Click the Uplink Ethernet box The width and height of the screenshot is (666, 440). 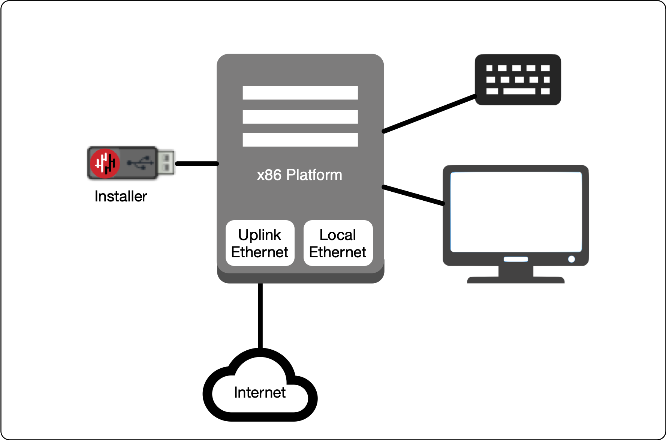point(260,243)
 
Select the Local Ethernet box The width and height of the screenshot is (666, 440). point(338,243)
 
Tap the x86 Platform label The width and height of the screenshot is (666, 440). point(299,175)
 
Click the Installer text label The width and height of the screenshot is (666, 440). point(121,196)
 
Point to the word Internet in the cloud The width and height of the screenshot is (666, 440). point(260,392)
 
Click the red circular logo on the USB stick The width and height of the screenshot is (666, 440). point(105,163)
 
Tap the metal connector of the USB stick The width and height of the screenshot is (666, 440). point(166,162)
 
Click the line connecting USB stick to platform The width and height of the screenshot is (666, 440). point(197,164)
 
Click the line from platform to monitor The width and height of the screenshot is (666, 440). point(413,195)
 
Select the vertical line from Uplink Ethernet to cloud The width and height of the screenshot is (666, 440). point(260,315)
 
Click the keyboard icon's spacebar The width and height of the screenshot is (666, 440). point(519,91)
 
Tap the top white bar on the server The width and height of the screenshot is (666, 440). point(300,93)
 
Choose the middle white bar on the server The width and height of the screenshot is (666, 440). point(300,117)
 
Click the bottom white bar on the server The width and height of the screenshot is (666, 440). point(300,140)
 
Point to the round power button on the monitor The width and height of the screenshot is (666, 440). point(571,259)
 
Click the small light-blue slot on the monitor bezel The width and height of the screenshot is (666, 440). point(516,259)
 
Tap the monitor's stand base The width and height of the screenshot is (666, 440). point(516,280)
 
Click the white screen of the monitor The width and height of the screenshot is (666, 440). point(516,212)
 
